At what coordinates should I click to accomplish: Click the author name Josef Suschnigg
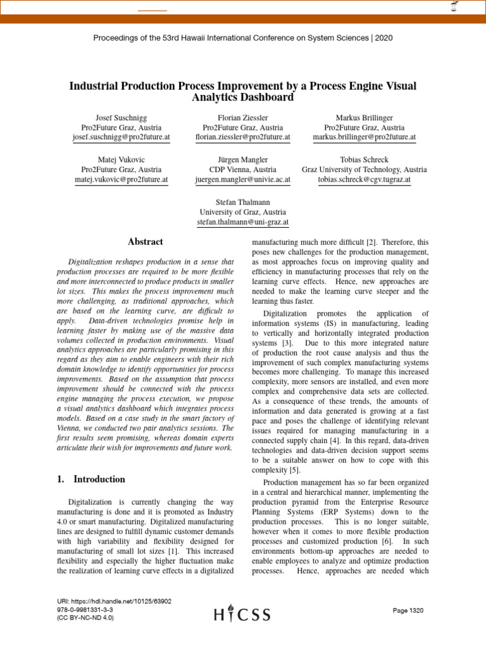pos(121,118)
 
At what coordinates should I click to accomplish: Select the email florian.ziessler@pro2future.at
pos(242,137)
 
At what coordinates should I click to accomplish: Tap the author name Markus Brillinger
pos(364,118)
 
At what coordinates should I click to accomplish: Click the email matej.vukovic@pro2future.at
pos(121,180)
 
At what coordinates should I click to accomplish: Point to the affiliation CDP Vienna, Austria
pos(242,170)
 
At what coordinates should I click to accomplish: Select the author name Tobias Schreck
pos(364,160)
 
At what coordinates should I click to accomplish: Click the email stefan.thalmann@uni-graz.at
pos(242,222)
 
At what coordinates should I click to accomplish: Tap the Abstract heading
pos(146,242)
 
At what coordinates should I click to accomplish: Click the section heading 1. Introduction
pos(91,479)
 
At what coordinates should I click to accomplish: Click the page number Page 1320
pos(408,610)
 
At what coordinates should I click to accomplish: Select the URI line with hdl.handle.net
pos(114,601)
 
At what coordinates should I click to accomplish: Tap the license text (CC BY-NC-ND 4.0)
pos(85,618)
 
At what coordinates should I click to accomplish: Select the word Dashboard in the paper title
pos(266,97)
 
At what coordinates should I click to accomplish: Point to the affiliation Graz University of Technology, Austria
pos(364,170)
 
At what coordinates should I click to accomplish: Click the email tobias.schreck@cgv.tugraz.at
pos(364,180)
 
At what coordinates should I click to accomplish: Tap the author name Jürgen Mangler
pos(242,160)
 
